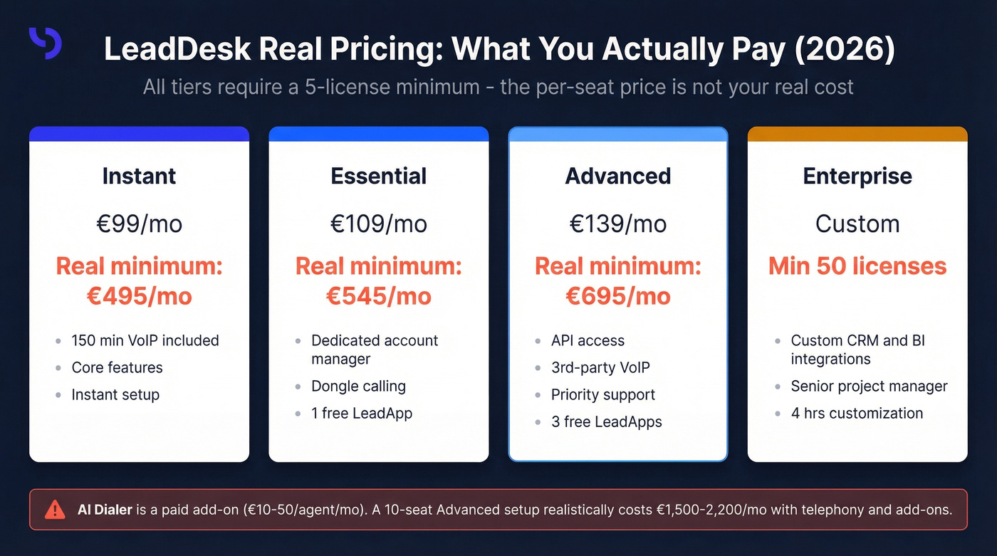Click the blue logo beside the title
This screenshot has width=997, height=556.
coord(46,43)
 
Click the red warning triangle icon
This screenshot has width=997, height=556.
coord(54,510)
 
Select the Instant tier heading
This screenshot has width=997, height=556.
coord(139,176)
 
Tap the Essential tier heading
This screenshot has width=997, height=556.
coord(378,176)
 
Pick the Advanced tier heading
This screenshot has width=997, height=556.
coord(617,176)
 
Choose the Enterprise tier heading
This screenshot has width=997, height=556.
coord(857,176)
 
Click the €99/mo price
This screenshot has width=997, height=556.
coord(139,224)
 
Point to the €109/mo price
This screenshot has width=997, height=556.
coord(378,224)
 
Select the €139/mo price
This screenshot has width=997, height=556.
coord(617,224)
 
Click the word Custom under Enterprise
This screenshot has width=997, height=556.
coord(857,224)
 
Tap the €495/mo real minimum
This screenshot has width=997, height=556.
coord(139,295)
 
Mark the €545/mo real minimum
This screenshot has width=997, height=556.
coord(378,295)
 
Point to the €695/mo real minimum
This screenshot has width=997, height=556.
coord(617,295)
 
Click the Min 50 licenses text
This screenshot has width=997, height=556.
coord(857,266)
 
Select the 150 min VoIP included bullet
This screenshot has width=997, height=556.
coord(145,340)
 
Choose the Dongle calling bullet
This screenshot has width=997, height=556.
coord(358,386)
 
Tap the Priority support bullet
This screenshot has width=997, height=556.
coord(602,394)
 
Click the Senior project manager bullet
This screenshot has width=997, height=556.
coord(869,386)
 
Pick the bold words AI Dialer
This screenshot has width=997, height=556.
coord(105,510)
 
